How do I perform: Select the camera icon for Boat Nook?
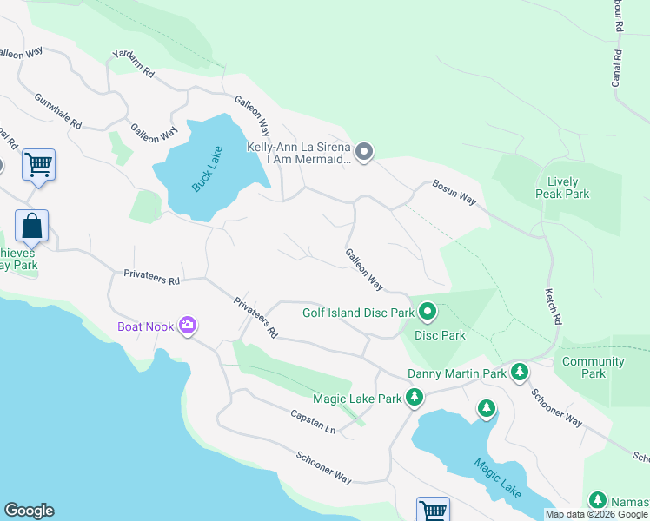(188, 326)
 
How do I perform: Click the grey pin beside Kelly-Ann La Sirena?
(364, 153)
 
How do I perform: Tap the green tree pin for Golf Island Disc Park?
(428, 312)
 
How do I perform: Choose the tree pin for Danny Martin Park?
(519, 373)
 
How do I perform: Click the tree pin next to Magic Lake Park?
(415, 398)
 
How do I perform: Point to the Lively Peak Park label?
(563, 188)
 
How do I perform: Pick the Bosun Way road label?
(455, 193)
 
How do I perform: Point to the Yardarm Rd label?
(133, 66)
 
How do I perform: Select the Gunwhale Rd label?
(57, 113)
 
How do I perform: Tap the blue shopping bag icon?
(32, 227)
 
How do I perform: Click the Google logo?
(29, 511)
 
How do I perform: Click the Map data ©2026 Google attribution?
(596, 514)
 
